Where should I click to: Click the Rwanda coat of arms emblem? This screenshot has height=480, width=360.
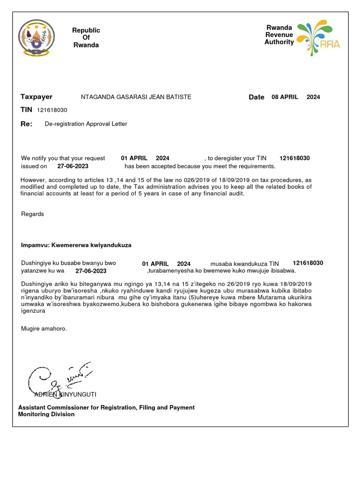point(36,38)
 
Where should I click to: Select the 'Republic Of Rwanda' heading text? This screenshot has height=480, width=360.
point(86,37)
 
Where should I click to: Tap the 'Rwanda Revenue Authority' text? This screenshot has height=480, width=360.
point(279,35)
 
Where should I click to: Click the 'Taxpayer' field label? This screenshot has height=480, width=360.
point(37,97)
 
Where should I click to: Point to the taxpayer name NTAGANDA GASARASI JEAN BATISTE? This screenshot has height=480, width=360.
point(136,97)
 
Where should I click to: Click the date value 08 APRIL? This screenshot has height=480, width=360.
point(285,97)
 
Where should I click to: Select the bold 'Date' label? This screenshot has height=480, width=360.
point(256,97)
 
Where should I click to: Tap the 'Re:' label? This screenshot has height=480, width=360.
point(27,124)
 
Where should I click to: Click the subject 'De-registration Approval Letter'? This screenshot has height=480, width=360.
point(86,124)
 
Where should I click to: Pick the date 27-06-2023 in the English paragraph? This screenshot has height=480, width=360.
point(73,166)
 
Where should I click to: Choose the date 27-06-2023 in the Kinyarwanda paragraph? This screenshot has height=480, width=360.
point(91,271)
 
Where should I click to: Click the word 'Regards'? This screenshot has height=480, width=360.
point(32,214)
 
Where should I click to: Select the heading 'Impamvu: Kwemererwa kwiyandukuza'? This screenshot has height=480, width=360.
point(76,245)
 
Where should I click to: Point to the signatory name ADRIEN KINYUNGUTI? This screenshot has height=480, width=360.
point(65,395)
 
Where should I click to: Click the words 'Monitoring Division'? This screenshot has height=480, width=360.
point(46,414)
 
